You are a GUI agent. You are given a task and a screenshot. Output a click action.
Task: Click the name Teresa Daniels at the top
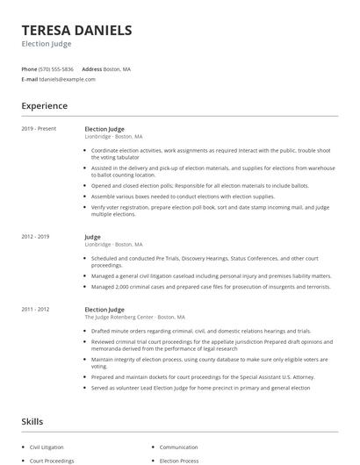point(77,30)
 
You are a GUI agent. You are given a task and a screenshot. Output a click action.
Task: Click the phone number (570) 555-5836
point(57,68)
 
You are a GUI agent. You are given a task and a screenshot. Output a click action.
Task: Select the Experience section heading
point(45,106)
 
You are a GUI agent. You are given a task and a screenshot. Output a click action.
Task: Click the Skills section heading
point(32,421)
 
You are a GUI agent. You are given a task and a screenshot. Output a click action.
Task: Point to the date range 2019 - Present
point(40,129)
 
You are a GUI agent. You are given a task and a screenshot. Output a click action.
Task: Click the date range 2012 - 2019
point(36,237)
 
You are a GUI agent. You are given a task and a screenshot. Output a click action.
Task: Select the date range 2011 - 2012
point(36,309)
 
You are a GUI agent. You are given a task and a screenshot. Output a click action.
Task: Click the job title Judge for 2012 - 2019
point(92,237)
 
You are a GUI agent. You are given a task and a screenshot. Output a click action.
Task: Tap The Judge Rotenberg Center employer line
point(134,317)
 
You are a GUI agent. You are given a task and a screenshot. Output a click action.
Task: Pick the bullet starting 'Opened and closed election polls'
point(199,185)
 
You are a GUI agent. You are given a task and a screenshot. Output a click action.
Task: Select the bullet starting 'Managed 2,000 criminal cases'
point(210,286)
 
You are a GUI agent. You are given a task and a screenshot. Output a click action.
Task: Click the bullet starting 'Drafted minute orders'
point(201,331)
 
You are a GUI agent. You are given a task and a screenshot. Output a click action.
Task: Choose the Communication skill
point(178,447)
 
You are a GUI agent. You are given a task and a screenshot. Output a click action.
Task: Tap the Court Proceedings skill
point(52,460)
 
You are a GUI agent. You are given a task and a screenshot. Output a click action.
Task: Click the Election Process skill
point(180,460)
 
